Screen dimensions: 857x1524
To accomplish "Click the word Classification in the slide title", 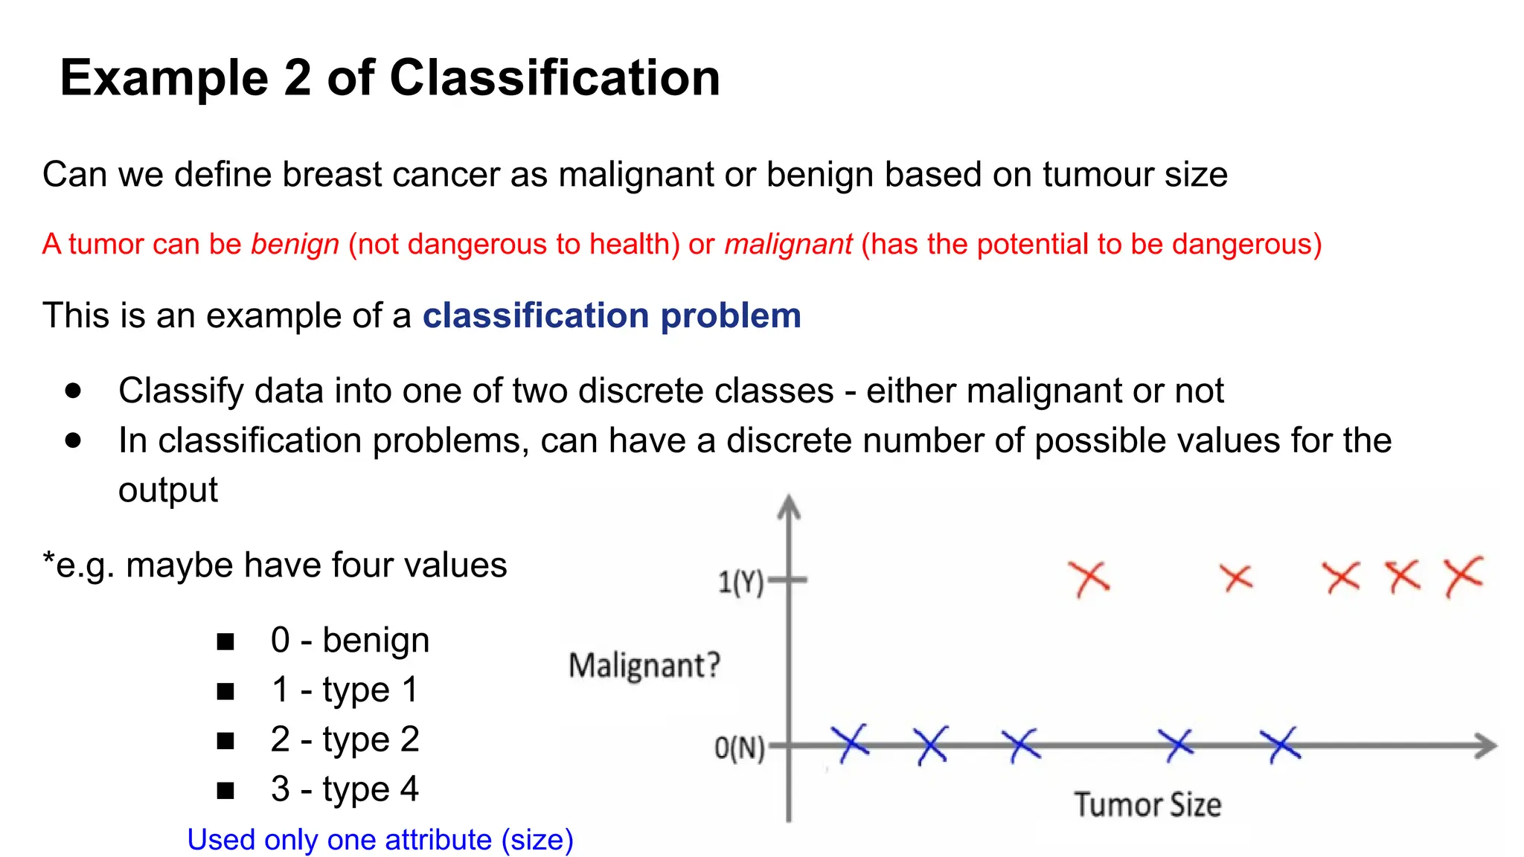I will click(554, 78).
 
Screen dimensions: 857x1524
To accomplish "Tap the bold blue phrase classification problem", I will click(612, 315).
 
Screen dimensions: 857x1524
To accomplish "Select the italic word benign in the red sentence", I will click(295, 245).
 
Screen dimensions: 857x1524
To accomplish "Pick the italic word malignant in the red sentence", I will click(788, 245).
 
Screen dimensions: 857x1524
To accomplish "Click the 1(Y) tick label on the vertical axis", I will click(740, 582).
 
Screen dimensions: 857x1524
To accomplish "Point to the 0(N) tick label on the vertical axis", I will click(739, 747).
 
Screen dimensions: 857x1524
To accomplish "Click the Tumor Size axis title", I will click(1147, 805).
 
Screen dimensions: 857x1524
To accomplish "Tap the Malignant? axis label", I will click(644, 664).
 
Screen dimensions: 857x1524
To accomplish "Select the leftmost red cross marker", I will click(1089, 578).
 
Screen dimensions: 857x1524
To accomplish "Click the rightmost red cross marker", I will click(1463, 576).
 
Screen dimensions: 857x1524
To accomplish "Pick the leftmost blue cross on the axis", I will click(850, 742).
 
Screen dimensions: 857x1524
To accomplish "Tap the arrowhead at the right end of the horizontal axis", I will click(1487, 745).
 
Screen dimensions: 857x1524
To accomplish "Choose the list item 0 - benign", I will click(350, 641).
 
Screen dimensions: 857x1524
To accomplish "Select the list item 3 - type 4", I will click(345, 789).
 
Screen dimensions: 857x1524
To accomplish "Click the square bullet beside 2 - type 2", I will click(225, 741).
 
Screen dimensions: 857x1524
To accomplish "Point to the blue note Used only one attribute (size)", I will click(380, 840).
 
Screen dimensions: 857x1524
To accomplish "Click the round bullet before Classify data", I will click(73, 391).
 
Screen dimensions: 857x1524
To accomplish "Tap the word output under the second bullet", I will click(168, 490).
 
